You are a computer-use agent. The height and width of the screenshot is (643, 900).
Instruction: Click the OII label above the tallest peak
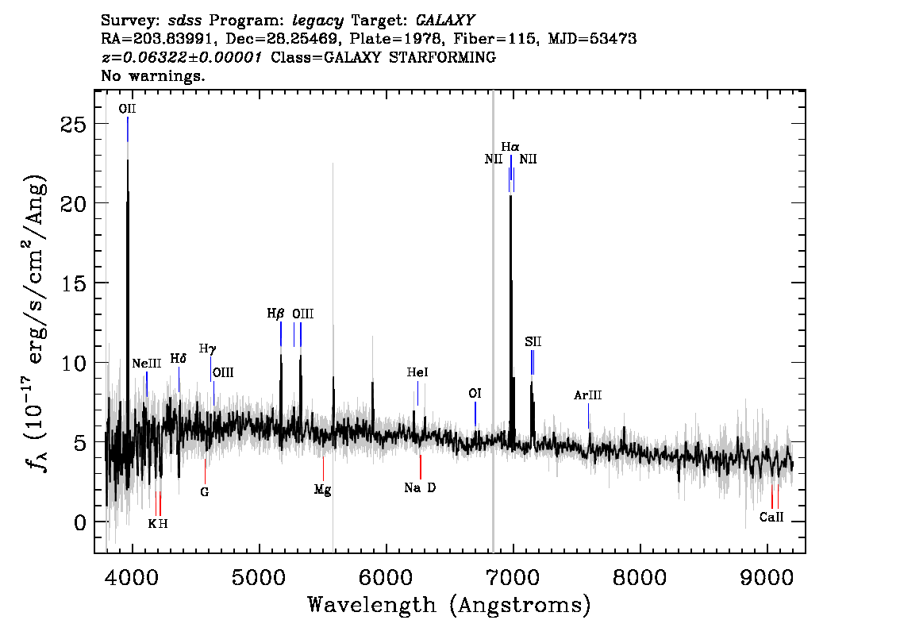[128, 109]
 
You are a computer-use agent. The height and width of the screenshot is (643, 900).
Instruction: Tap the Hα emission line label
[510, 147]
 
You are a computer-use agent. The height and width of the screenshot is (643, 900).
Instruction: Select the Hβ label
[275, 314]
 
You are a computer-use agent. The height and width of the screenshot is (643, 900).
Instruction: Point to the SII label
[533, 341]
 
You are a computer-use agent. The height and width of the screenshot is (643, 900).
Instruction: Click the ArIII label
[588, 395]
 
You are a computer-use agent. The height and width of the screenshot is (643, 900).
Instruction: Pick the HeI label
[417, 372]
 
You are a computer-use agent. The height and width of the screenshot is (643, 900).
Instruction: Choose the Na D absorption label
[420, 487]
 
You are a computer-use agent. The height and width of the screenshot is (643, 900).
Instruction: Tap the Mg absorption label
[322, 490]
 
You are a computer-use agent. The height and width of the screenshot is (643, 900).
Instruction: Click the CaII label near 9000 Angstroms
[771, 518]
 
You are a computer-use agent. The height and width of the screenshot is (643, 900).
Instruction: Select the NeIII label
[146, 363]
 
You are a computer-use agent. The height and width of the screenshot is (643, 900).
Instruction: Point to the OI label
[475, 393]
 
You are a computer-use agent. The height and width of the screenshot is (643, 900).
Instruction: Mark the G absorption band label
[204, 492]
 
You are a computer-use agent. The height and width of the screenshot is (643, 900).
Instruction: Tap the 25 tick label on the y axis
[73, 124]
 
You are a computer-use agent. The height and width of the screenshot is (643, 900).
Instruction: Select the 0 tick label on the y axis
[80, 522]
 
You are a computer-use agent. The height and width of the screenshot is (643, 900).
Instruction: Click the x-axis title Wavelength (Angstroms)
[449, 605]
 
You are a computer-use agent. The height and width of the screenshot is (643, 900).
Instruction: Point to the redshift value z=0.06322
[182, 57]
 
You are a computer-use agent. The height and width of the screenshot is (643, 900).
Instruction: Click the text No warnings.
[152, 75]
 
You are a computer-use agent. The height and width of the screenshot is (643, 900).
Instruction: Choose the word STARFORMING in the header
[443, 57]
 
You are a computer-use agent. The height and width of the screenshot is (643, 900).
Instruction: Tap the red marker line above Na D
[421, 467]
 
